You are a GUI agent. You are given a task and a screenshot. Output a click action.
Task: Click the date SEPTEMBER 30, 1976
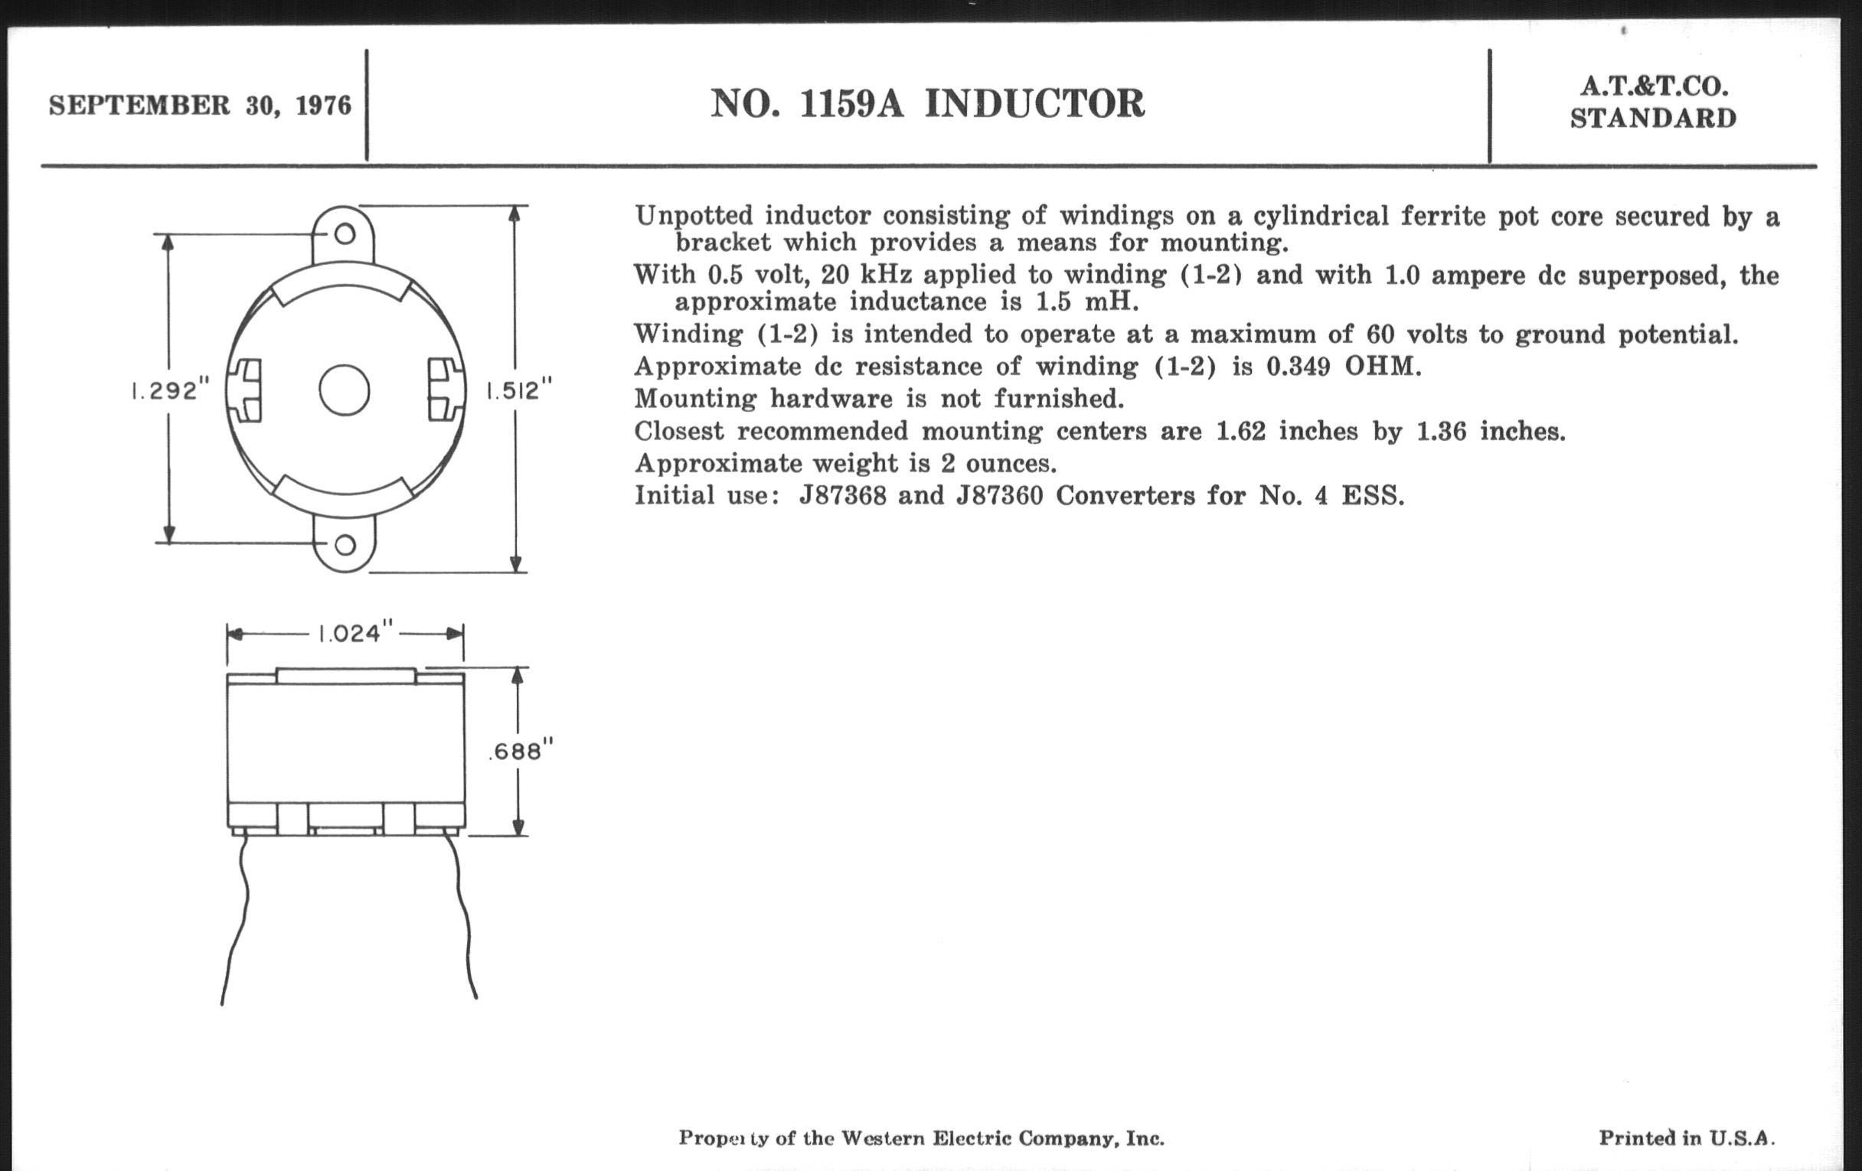point(200,105)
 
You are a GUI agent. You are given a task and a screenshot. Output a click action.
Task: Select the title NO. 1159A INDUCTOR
point(927,103)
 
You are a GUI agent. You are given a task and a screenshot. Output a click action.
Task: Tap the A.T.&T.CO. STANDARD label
point(1653,103)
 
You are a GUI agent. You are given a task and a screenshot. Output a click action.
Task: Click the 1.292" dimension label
point(170,390)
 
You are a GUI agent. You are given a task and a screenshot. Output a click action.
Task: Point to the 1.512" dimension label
point(519,390)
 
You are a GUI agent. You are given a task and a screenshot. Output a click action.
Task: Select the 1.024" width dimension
point(351,634)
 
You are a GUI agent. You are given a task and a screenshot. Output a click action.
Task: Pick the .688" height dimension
point(521,751)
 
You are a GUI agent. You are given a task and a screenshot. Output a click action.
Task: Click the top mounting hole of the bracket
point(344,233)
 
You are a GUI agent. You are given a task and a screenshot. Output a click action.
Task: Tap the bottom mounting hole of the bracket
point(345,545)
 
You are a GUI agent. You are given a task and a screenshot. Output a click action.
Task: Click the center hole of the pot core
point(344,390)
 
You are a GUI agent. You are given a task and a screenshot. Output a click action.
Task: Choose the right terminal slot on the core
point(443,390)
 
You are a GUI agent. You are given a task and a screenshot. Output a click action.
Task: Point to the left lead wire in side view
point(238,920)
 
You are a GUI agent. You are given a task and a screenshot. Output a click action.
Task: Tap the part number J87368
point(842,495)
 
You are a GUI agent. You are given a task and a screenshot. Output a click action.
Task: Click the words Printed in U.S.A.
point(1687,1138)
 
